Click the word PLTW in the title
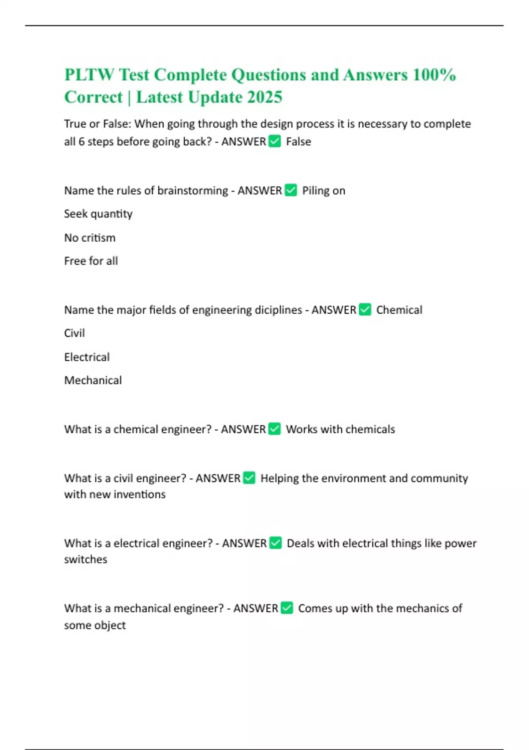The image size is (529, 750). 89,75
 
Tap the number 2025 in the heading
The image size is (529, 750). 264,97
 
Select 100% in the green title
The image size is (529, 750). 434,75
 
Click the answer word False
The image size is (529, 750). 298,142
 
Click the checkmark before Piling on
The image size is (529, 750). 291,190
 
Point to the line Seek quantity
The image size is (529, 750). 98,214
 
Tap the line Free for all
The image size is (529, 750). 91,261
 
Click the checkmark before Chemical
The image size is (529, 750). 365,310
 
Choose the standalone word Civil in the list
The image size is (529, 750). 75,333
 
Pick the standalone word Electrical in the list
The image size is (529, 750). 87,357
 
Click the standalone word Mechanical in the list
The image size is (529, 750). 93,380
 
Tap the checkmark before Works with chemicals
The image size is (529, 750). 275,429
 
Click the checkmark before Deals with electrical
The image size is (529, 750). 276,543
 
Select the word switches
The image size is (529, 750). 86,559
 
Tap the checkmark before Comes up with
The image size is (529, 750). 287,608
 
